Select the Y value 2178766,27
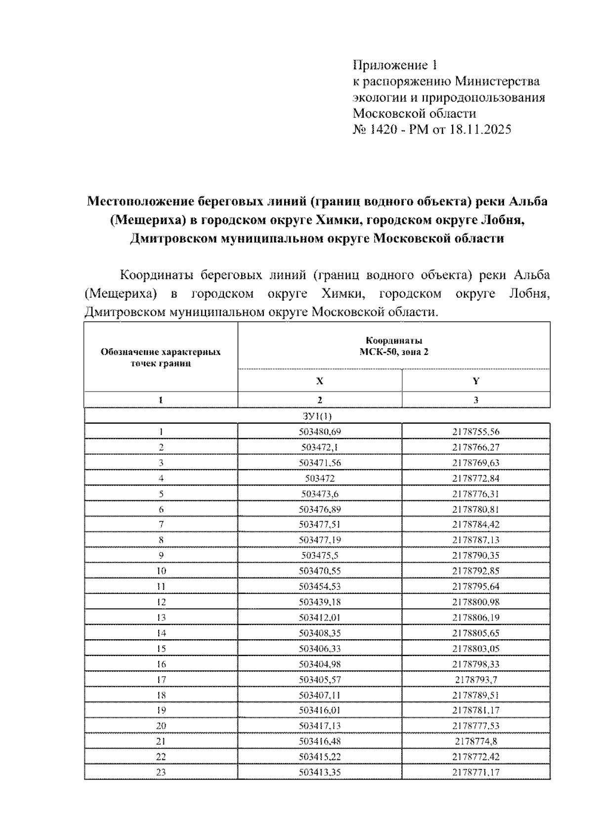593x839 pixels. tap(475, 447)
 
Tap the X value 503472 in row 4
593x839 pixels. tap(320, 478)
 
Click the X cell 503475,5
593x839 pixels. tap(320, 555)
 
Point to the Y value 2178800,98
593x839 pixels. tap(475, 602)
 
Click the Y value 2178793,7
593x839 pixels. tap(475, 679)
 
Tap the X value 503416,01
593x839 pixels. tap(320, 710)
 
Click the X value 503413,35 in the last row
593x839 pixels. tap(320, 772)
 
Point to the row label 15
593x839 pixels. tap(161, 648)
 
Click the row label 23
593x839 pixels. tap(161, 772)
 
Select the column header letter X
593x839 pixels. tap(320, 381)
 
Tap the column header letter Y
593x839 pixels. tap(476, 381)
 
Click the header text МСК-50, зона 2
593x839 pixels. tap(394, 352)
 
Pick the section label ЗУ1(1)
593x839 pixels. tap(317, 416)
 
